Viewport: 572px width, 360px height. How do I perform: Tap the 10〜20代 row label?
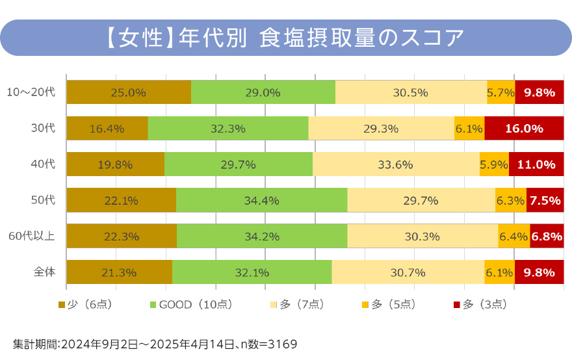point(31,92)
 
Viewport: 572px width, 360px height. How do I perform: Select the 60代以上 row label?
point(31,237)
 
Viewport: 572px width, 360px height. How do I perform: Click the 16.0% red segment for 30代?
point(524,128)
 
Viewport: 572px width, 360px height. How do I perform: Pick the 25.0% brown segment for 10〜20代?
point(129,92)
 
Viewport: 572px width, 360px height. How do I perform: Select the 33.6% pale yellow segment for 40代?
point(396,164)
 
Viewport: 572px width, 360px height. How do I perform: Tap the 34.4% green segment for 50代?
point(261,200)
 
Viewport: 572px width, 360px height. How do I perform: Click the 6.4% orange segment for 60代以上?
point(514,237)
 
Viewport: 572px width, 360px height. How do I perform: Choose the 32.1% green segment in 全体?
point(252,272)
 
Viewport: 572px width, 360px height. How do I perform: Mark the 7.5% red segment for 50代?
point(545,200)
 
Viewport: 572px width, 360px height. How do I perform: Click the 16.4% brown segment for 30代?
point(107,128)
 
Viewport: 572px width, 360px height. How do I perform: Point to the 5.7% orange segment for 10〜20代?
point(501,92)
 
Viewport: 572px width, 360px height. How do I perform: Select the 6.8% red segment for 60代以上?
point(547,237)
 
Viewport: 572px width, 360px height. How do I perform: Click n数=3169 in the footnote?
point(268,343)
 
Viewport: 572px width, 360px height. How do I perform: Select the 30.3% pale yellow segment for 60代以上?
point(422,237)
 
